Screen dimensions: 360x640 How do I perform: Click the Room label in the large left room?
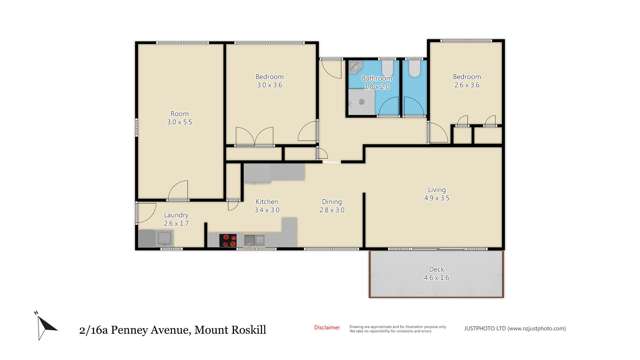(179, 113)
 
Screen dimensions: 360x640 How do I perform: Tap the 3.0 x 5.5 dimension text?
(179, 122)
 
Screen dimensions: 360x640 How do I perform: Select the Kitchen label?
(266, 202)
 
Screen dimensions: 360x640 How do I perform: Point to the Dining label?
(332, 202)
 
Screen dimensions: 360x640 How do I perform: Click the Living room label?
(437, 189)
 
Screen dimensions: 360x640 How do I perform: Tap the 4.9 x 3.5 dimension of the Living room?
(437, 198)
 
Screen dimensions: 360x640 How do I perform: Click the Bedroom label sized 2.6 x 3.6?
(466, 76)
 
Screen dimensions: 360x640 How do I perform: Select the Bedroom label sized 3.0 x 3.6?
(270, 76)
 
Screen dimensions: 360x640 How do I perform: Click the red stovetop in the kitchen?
(229, 240)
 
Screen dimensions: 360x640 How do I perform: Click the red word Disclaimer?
(327, 326)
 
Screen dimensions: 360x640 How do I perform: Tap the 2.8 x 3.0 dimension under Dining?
(332, 211)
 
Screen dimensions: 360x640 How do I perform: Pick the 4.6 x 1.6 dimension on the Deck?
(437, 277)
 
